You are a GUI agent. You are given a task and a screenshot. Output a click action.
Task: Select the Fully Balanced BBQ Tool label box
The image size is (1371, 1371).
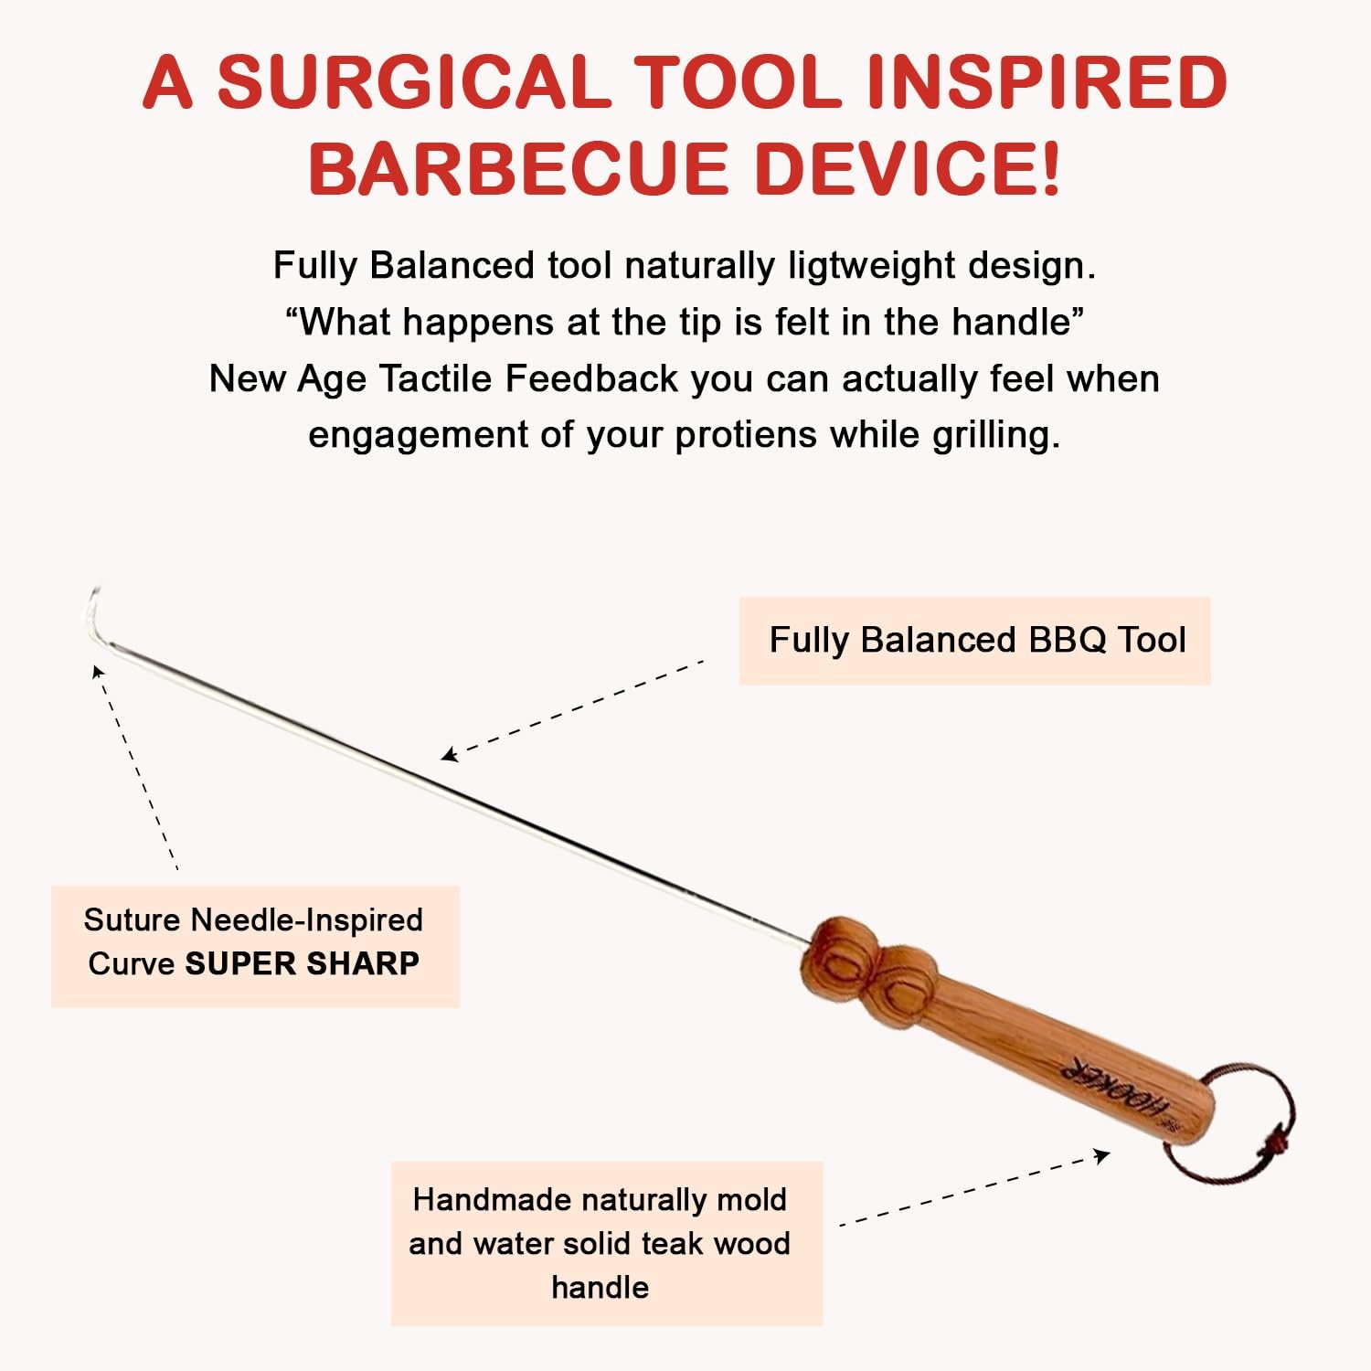975,641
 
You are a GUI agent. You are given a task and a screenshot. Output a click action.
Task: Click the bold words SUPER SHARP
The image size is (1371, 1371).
302,963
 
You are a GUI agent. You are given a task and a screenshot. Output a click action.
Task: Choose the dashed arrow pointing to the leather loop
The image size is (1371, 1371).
973,1190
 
